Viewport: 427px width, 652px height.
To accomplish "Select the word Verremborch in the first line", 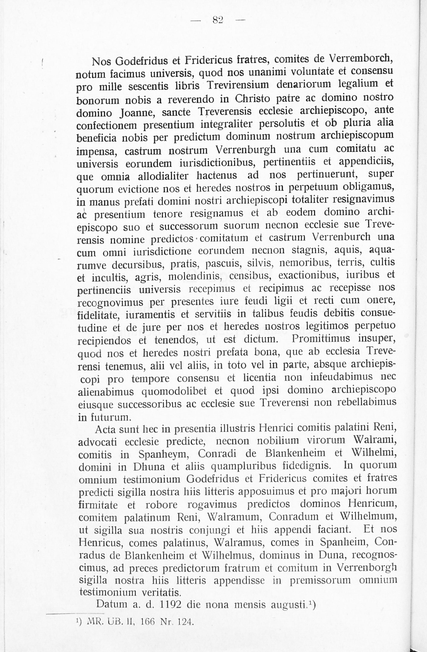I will [x=361, y=58].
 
